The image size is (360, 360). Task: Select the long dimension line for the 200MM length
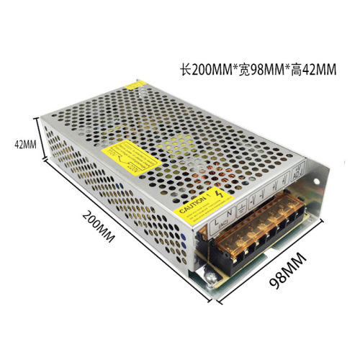pyautogui.click(x=122, y=230)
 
